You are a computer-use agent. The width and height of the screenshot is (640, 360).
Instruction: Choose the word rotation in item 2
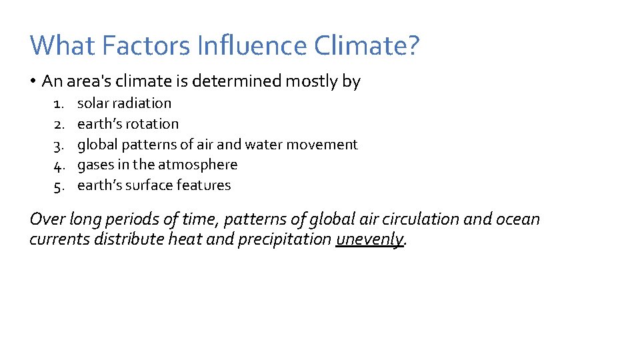coord(154,124)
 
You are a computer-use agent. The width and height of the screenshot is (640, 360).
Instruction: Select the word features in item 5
coord(205,185)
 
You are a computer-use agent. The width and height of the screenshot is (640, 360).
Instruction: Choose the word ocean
coord(521,219)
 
